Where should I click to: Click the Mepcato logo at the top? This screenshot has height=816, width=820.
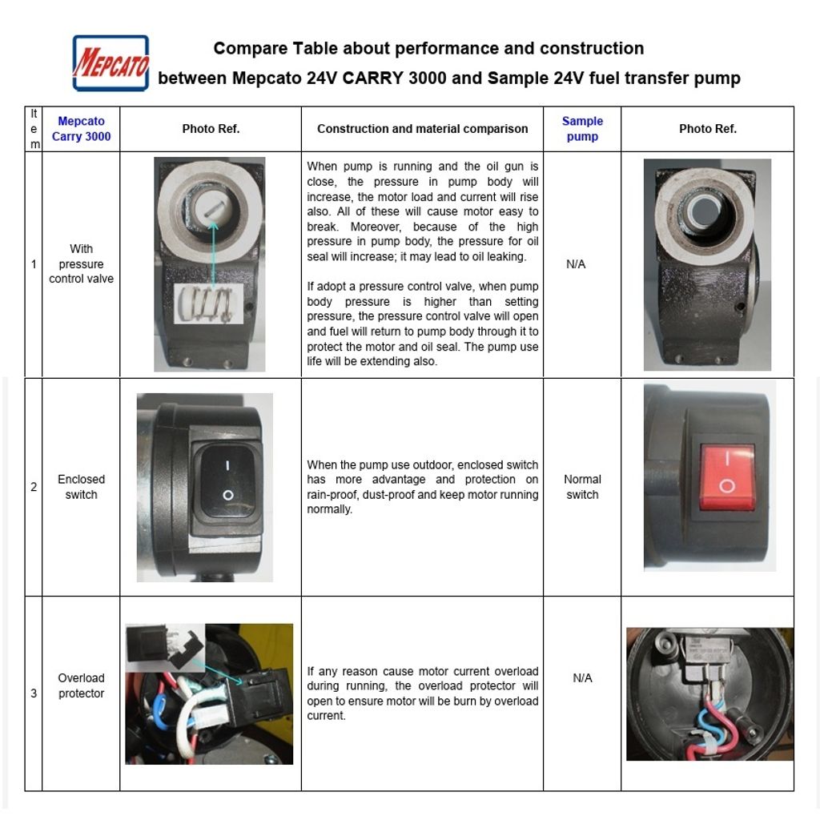[111, 63]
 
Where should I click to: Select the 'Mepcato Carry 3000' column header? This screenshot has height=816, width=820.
[81, 128]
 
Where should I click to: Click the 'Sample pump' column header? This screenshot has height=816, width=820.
[582, 128]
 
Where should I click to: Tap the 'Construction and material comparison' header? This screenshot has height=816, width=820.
[422, 128]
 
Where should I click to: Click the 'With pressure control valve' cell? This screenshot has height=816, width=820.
[81, 263]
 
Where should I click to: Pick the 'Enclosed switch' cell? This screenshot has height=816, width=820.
[81, 487]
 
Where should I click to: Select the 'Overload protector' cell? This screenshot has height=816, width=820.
[81, 685]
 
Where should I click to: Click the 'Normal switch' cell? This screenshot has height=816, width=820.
[582, 487]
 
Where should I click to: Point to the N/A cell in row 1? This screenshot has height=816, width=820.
[576, 263]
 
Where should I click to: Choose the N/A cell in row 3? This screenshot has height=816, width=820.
[582, 678]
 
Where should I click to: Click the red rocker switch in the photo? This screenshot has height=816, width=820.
[726, 477]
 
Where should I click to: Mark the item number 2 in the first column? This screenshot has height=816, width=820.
[34, 487]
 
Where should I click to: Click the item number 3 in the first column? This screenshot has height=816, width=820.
[34, 693]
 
